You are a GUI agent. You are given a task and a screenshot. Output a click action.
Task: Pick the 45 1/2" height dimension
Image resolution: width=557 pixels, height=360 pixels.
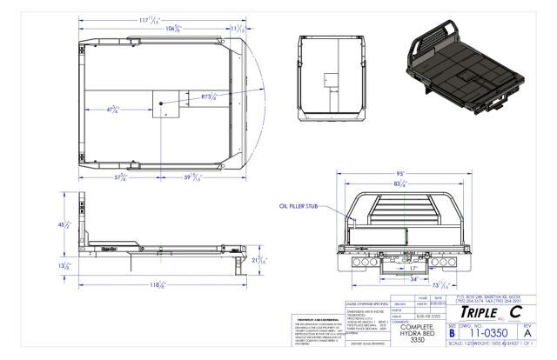(x=61, y=224)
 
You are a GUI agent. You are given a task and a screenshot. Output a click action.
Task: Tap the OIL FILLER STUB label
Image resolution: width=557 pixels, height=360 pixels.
(x=298, y=206)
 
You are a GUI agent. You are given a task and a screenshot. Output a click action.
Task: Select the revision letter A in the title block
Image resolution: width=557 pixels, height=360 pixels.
(x=539, y=331)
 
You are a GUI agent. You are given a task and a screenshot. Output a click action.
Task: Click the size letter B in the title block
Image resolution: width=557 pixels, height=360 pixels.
(x=452, y=331)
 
